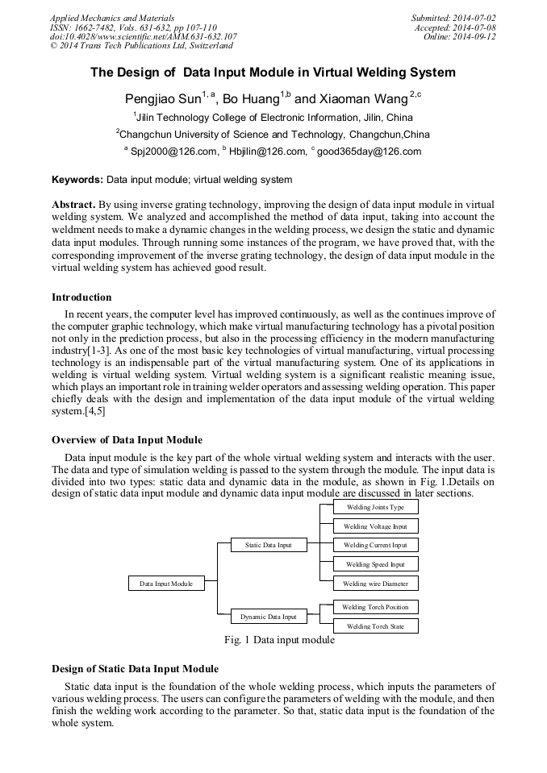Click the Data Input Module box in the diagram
166,583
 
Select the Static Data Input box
268,545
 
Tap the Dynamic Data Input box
268,617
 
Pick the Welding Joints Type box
375,507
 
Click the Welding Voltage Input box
375,526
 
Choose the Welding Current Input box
375,545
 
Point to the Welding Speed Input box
375,564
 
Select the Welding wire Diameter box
375,583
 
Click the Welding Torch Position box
375,607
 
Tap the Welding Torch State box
375,625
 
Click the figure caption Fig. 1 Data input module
279,640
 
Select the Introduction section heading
81,297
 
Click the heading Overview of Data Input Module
127,440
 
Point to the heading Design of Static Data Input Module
135,669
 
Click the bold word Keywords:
77,179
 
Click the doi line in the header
143,36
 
